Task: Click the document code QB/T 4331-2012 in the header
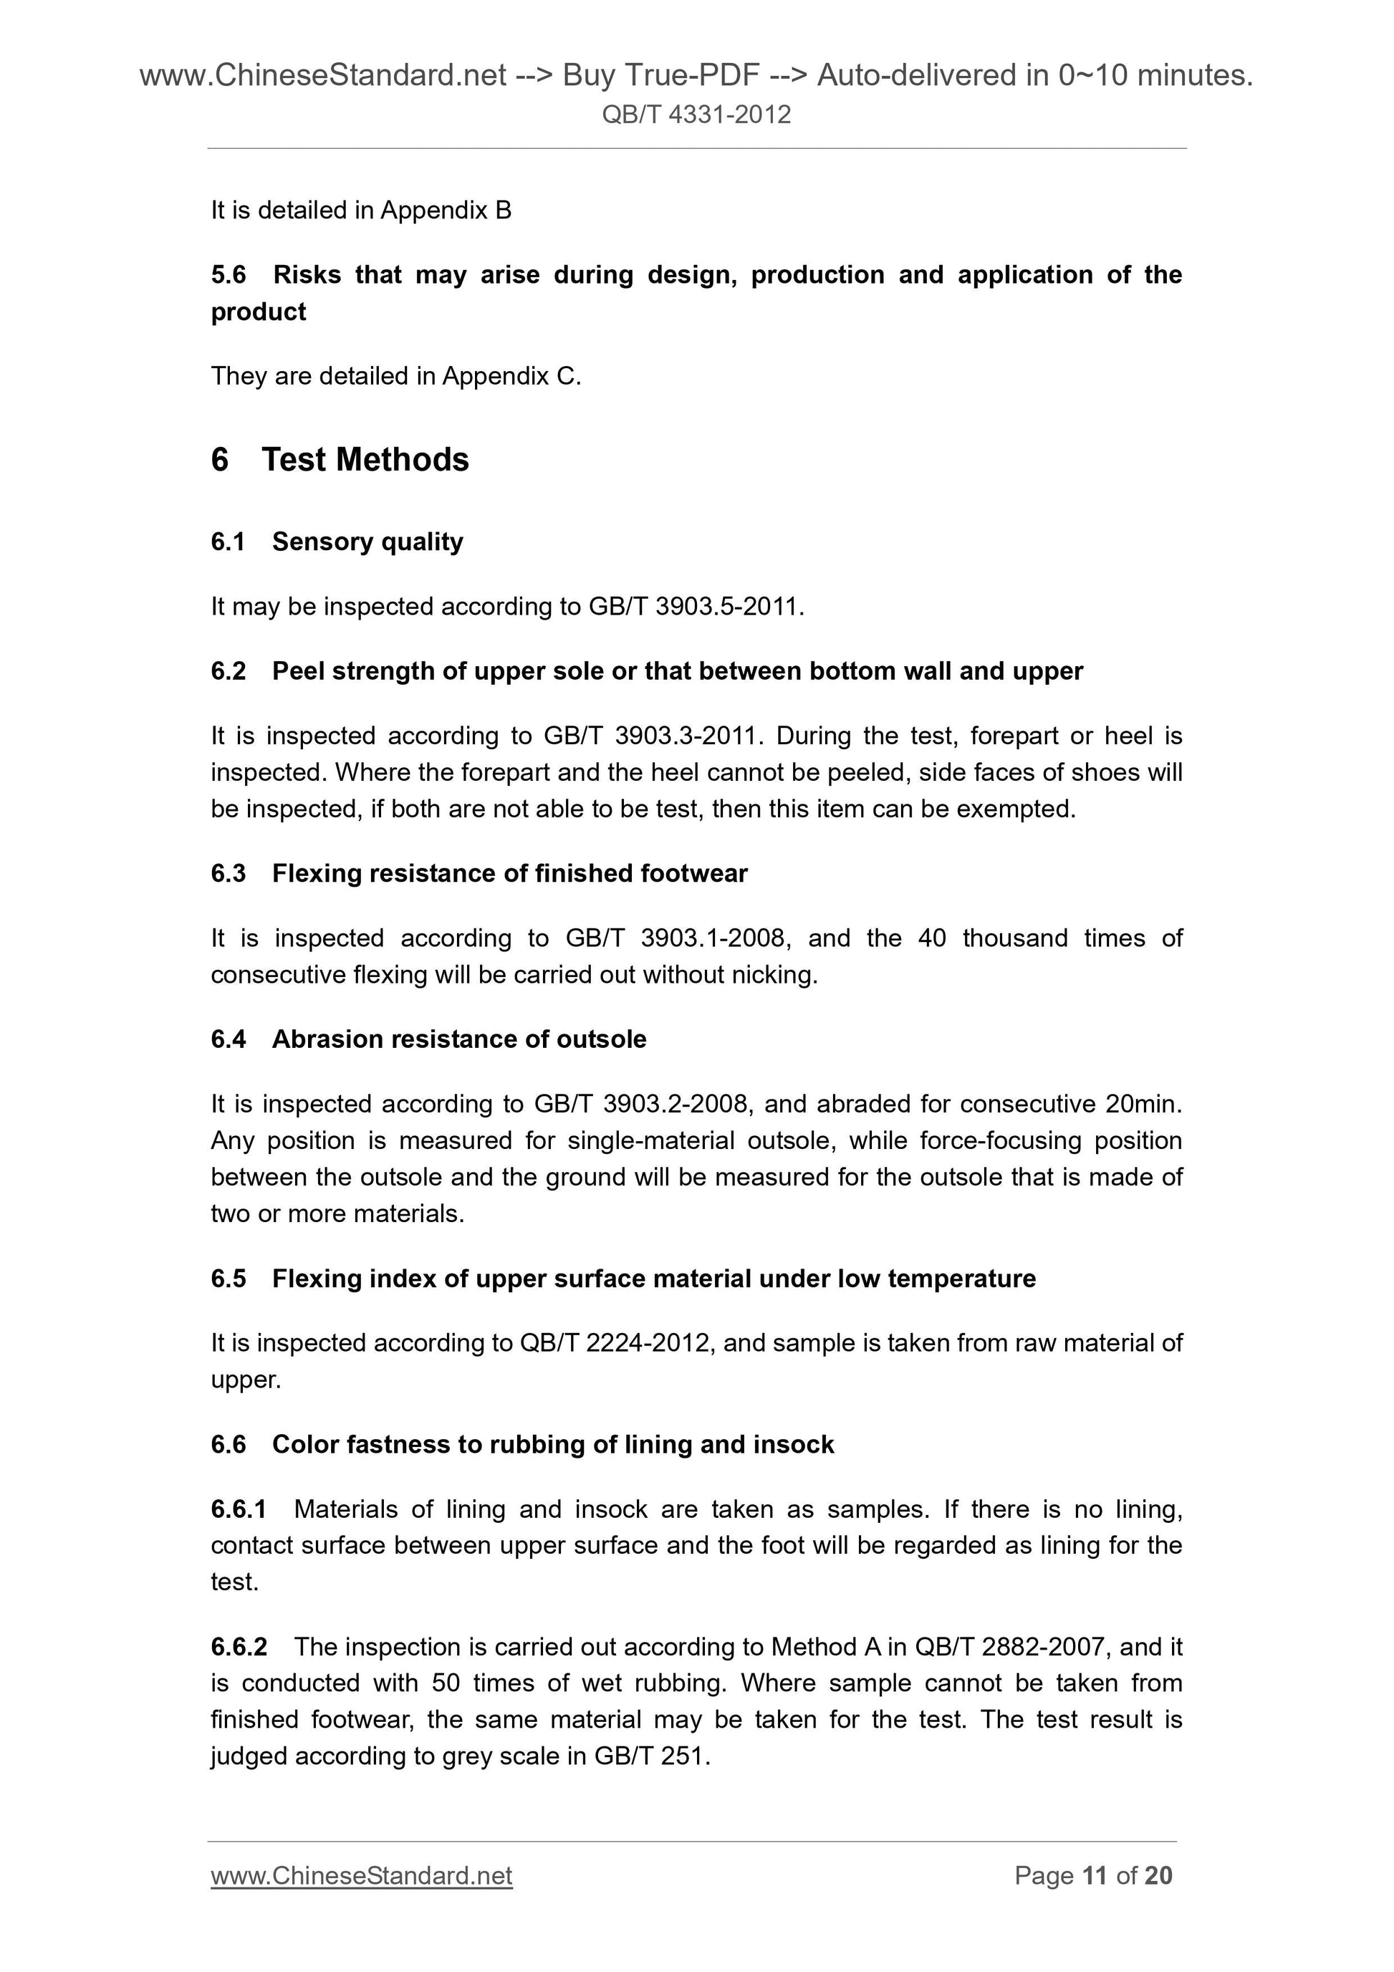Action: [x=696, y=114]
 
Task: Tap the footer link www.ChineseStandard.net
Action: [x=362, y=1875]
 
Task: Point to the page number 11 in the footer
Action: [x=1095, y=1875]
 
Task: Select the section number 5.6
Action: [x=229, y=275]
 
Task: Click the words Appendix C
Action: [x=511, y=376]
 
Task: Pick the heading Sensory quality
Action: [x=367, y=542]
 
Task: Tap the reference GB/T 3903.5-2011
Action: [x=695, y=607]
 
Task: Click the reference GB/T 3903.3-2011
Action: [x=651, y=736]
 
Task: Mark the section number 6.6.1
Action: [x=239, y=1509]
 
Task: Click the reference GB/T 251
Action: [x=651, y=1756]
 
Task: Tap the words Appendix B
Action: [x=446, y=211]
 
